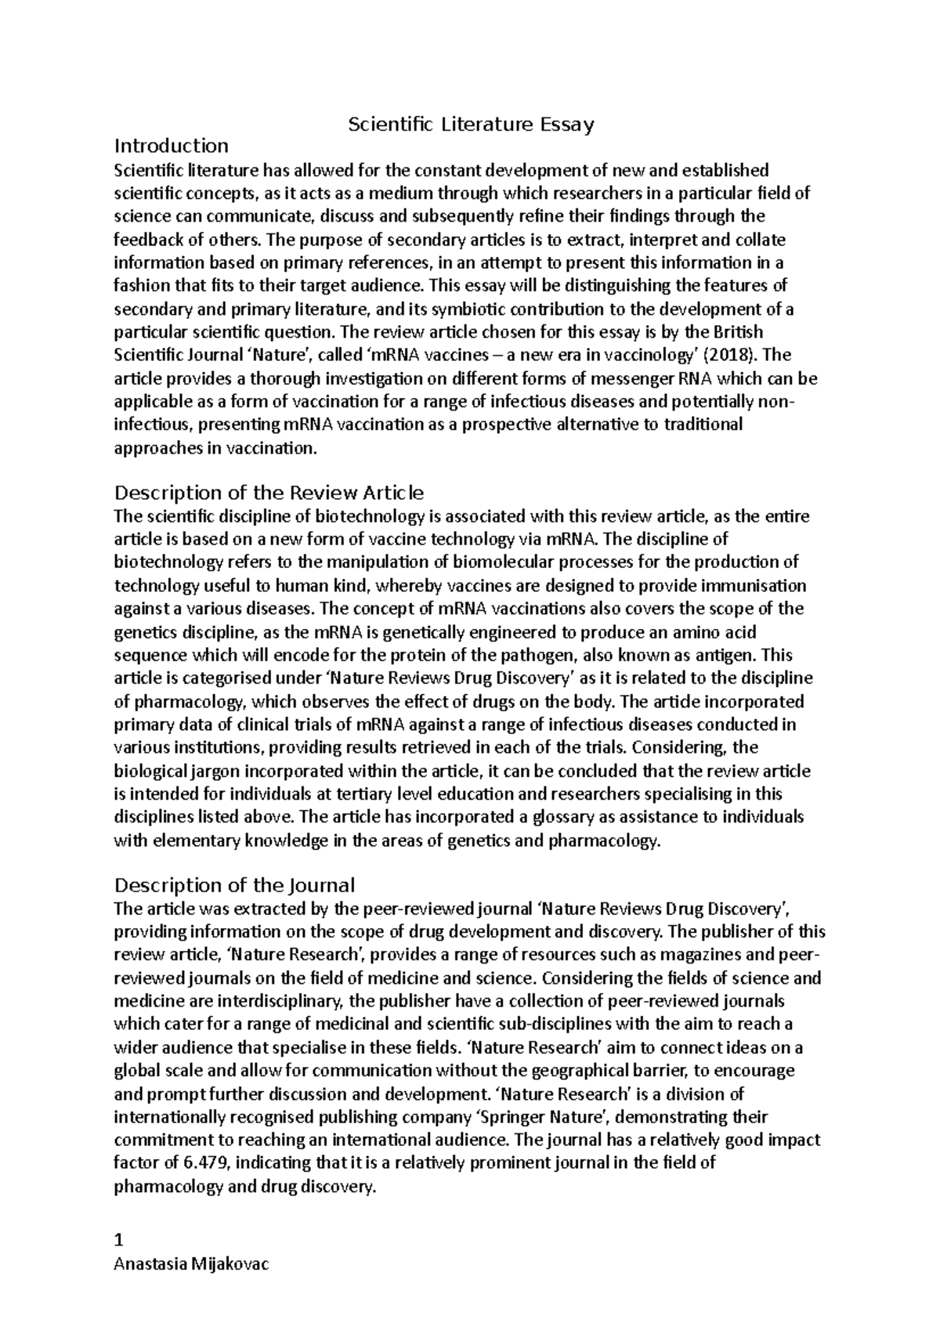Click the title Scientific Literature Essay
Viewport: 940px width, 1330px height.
471,124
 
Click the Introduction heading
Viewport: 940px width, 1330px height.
172,146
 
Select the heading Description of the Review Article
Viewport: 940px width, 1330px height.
269,493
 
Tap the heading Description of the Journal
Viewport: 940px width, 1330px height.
234,885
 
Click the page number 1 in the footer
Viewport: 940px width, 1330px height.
119,1241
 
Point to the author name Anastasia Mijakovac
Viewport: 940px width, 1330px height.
191,1264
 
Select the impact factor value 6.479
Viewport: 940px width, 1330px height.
204,1163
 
